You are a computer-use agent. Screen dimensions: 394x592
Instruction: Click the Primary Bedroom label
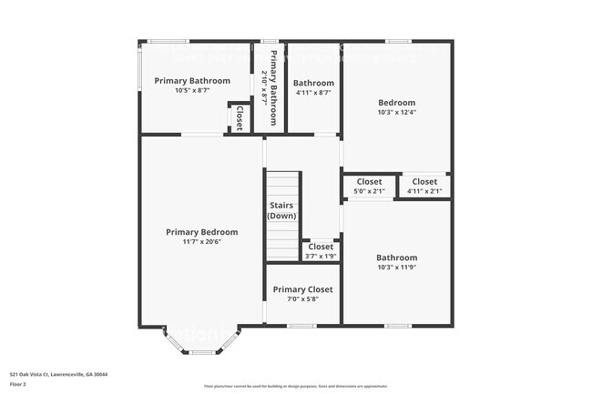[x=201, y=232]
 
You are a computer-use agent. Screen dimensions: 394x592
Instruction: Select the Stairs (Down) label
[x=281, y=211]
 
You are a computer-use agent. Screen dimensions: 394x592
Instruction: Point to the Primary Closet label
[x=302, y=289]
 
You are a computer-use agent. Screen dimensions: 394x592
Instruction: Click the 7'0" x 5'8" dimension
[x=302, y=299]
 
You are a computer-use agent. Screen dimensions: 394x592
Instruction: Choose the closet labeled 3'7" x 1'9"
[x=321, y=251]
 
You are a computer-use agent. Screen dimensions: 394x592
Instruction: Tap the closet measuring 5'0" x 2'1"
[x=369, y=187]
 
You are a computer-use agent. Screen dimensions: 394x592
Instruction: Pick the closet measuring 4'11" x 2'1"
[x=424, y=187]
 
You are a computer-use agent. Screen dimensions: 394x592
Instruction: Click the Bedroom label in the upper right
[x=396, y=103]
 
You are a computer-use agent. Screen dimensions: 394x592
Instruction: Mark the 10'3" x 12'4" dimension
[x=396, y=113]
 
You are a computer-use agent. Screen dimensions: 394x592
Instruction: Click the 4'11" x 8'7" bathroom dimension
[x=312, y=93]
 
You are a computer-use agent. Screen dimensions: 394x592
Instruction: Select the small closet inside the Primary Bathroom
[x=240, y=118]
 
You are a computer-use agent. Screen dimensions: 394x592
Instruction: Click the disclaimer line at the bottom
[x=295, y=386]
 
